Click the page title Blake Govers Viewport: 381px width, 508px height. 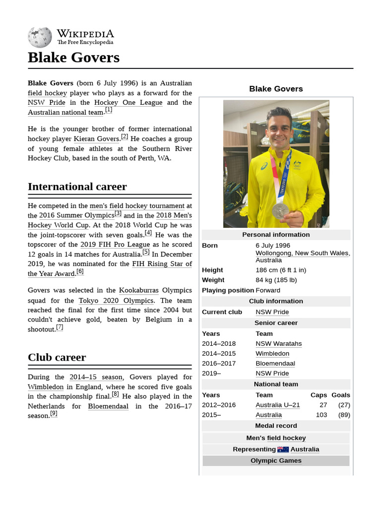pos(73,58)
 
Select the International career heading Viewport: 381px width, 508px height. pos(77,187)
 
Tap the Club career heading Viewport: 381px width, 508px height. pos(57,357)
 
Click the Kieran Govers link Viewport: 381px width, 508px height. pos(96,139)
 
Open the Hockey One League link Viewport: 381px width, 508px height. pos(128,103)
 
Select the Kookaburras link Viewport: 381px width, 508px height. pos(138,290)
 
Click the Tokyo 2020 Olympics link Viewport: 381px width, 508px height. pos(116,300)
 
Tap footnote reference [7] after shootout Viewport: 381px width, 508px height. pos(60,327)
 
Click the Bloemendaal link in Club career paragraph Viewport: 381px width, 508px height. pos(108,406)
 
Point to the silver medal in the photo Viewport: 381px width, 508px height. pos(280,210)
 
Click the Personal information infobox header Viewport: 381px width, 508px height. pos(276,235)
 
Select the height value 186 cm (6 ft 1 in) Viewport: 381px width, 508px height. pos(281,270)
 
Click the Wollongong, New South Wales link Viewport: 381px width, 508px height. pos(302,253)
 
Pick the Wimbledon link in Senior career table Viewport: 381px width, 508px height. pos(272,354)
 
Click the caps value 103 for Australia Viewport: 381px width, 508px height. pos(321,415)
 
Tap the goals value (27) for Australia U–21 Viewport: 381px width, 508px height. pos(344,405)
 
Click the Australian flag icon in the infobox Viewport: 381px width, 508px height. pos(283,449)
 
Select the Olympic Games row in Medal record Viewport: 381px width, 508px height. pos(276,461)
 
